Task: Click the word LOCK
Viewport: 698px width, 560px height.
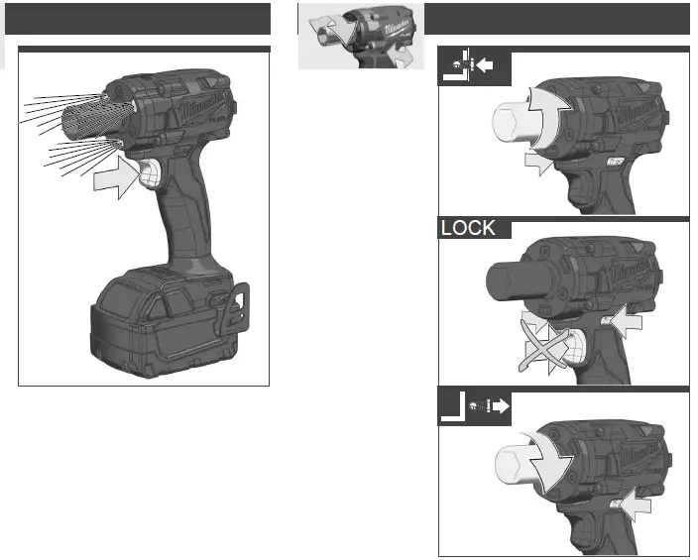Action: click(468, 228)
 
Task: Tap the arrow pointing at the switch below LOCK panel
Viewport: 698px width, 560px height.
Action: click(636, 506)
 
